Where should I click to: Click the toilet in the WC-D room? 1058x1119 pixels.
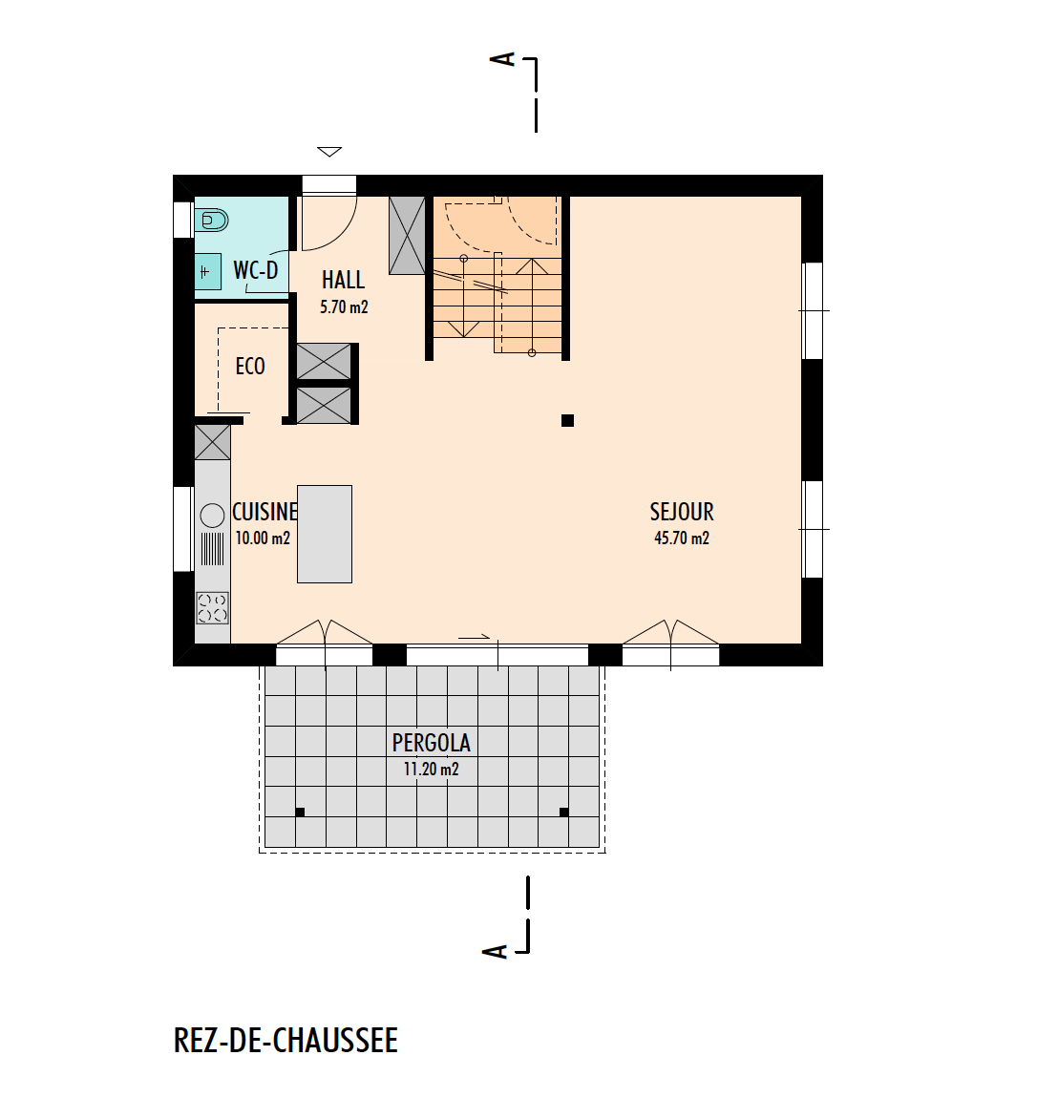(211, 221)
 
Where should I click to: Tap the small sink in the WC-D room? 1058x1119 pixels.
(208, 272)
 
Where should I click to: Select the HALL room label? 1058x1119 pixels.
(344, 280)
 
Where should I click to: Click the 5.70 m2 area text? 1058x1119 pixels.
(344, 306)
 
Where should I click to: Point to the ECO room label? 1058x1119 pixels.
(250, 366)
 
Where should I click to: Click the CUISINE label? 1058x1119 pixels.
(264, 512)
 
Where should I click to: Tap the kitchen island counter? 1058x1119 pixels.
(325, 534)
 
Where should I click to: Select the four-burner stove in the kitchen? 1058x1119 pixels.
(213, 608)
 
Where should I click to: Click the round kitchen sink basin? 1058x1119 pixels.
(212, 516)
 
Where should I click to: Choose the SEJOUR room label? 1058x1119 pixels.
(682, 512)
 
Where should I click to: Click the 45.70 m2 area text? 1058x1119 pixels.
(682, 538)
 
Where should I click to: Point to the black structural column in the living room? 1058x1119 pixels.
(567, 420)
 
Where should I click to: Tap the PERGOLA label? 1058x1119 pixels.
(432, 743)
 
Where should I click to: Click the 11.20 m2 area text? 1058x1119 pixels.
(432, 770)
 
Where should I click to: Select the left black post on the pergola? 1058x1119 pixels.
(300, 813)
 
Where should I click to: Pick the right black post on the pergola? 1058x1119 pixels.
(564, 813)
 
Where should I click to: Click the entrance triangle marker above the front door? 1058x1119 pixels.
(329, 151)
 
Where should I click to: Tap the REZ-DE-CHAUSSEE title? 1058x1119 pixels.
(286, 1041)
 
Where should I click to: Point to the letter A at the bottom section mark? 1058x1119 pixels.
(495, 951)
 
